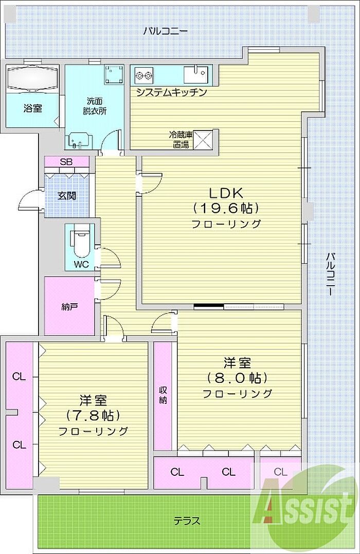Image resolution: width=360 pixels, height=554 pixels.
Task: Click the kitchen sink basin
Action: tap(195, 74)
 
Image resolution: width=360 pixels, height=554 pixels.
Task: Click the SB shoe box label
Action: tap(66, 162)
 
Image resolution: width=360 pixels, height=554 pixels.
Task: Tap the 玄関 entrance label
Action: tap(66, 195)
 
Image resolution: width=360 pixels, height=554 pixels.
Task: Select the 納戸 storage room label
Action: tap(69, 306)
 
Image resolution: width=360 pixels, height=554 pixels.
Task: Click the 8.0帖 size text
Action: tap(237, 378)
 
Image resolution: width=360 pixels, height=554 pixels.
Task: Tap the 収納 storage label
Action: tap(163, 395)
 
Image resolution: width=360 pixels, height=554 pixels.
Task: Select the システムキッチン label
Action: tap(171, 93)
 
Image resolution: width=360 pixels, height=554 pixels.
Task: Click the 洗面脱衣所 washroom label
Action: tap(95, 106)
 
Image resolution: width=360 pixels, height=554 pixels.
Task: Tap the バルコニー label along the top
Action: tap(166, 31)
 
